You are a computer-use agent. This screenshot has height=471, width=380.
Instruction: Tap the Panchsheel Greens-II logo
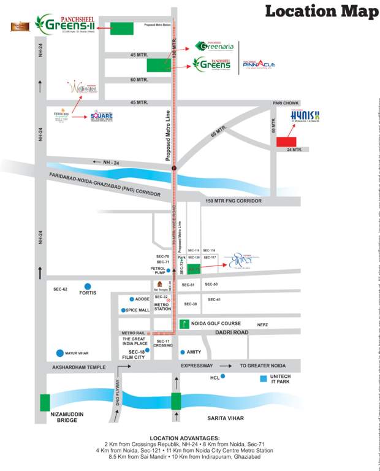[64, 25]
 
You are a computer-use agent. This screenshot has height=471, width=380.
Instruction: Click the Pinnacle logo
[258, 64]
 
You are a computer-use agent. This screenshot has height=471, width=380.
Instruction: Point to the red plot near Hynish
[286, 142]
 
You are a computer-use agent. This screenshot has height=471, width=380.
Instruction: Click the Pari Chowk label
[285, 103]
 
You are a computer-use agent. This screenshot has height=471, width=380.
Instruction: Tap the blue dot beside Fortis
[88, 286]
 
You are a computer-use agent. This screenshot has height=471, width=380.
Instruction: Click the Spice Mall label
[139, 310]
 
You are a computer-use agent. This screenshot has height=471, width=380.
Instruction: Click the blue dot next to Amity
[183, 352]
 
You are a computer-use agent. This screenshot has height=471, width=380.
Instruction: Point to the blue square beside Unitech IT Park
[264, 378]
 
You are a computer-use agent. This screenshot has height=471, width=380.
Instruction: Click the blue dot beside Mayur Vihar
[59, 353]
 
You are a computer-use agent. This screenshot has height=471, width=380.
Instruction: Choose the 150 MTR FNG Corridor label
[234, 201]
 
